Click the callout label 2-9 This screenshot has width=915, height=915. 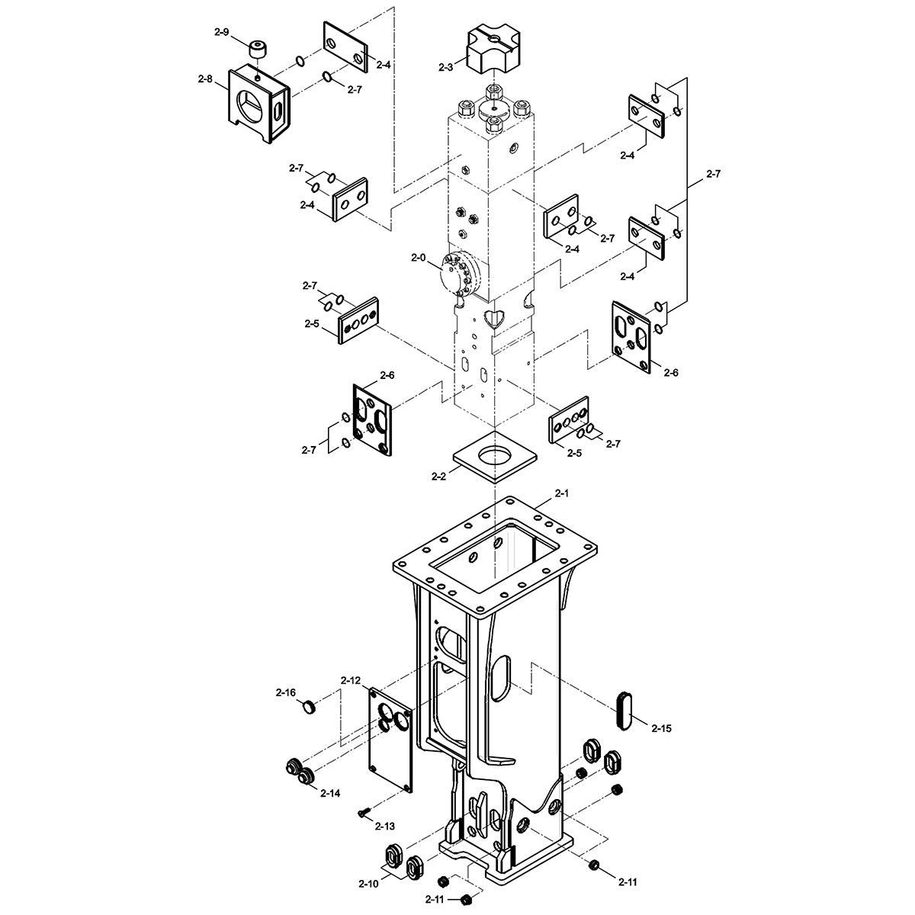[221, 32]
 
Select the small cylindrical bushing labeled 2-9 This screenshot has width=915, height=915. [258, 50]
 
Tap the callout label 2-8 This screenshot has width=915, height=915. [205, 79]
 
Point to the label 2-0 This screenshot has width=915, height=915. [419, 258]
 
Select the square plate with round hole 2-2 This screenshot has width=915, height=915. [496, 457]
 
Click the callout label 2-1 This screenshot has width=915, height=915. [562, 493]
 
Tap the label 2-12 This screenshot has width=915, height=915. [351, 680]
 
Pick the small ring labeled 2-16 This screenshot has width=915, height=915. [309, 707]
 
